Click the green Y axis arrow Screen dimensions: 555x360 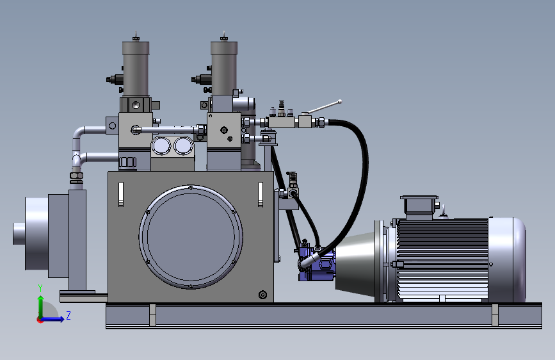(41, 307)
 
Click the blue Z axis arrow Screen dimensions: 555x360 (52, 319)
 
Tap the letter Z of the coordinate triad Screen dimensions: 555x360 (68, 315)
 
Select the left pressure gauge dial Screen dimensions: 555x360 (161, 145)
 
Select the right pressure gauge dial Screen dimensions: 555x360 (183, 145)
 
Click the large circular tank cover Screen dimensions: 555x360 (191, 236)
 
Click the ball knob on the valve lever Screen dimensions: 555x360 (340, 102)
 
